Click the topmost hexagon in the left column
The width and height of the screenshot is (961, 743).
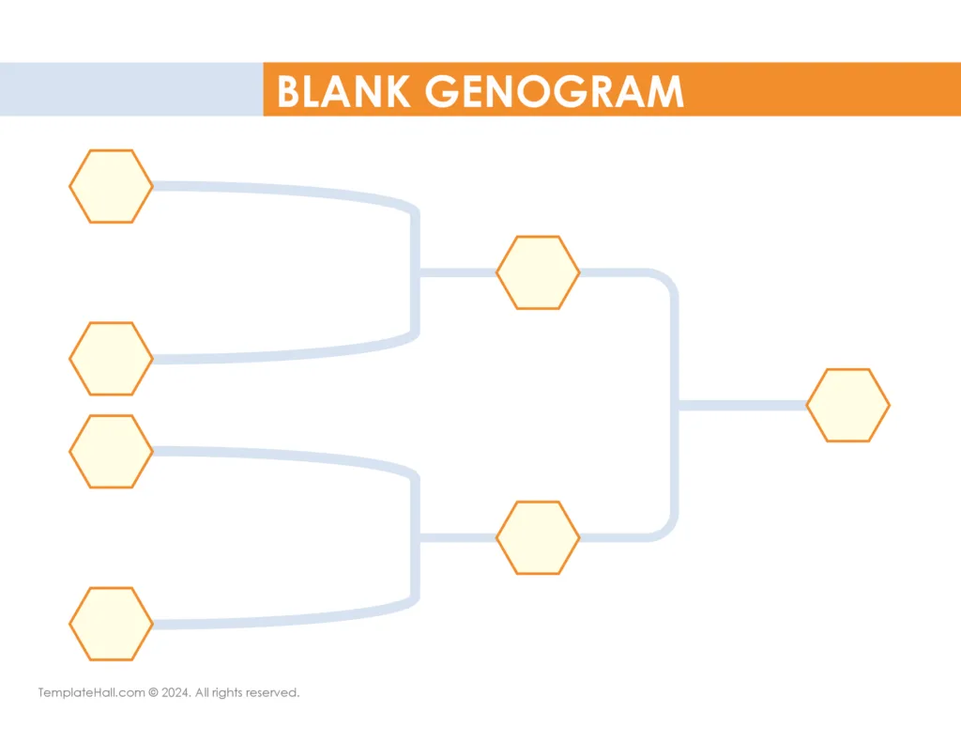point(111,186)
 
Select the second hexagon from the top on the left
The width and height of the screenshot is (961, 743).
point(111,358)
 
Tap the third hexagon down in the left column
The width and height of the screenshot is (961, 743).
point(111,451)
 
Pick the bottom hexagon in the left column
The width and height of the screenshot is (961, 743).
point(111,624)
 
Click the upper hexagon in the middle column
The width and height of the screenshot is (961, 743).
point(538,272)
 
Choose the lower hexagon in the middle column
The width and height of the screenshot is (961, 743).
point(538,537)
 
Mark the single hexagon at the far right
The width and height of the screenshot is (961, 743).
point(847,405)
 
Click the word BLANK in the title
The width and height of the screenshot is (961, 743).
point(343,91)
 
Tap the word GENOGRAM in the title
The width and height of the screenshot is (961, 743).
point(554,91)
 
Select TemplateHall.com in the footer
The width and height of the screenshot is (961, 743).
point(91,693)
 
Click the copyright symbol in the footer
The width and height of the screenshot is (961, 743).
point(153,693)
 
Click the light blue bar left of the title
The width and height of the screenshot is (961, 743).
point(131,89)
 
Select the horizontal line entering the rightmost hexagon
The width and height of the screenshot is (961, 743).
point(741,405)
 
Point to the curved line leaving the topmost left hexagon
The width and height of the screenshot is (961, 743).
point(282,190)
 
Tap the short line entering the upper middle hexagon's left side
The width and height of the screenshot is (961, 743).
point(457,272)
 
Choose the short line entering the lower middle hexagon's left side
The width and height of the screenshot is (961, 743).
point(457,537)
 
